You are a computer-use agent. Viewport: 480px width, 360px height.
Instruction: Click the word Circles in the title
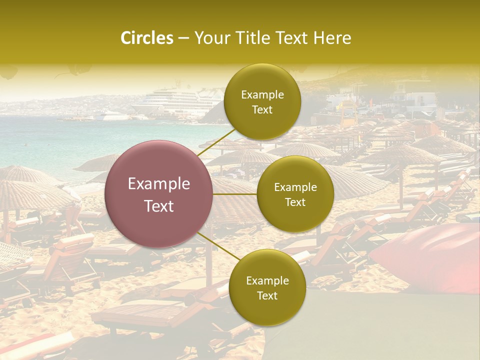(146, 38)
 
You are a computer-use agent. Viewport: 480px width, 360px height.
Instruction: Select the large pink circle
(159, 194)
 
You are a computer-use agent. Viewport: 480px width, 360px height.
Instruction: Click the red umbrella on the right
(435, 255)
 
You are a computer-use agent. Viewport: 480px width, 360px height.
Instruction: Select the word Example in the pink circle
(159, 184)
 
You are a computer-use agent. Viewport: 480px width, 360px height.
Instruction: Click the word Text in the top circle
(262, 110)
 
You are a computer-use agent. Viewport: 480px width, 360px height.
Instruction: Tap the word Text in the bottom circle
(267, 295)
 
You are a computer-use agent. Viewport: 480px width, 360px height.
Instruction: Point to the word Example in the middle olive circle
(295, 187)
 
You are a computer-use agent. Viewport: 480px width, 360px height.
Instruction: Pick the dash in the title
(183, 38)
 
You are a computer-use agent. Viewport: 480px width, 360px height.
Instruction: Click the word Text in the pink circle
(159, 206)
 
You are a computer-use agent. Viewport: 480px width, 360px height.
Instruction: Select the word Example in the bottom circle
(267, 281)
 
